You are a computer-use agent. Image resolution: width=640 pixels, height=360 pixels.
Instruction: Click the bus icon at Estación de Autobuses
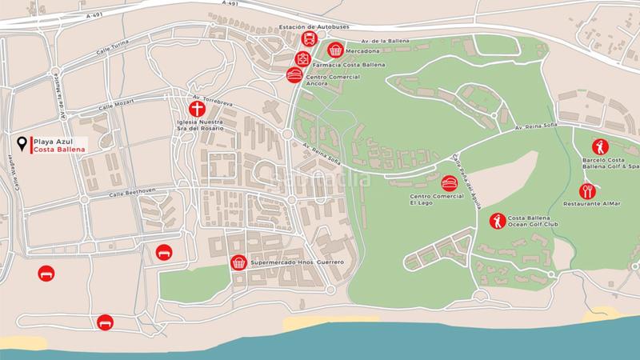pos(306,41)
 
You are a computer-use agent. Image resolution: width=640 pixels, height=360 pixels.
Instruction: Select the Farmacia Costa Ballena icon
pos(302,58)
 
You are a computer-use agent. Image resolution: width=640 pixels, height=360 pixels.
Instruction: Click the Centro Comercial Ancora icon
pos(293,74)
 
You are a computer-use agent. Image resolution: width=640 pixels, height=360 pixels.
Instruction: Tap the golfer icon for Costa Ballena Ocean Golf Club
pos(497,220)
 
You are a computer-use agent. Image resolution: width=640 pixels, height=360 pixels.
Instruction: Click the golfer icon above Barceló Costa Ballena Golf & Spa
pos(599,147)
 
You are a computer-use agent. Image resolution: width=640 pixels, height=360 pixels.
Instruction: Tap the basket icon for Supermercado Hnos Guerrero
pos(238,262)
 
